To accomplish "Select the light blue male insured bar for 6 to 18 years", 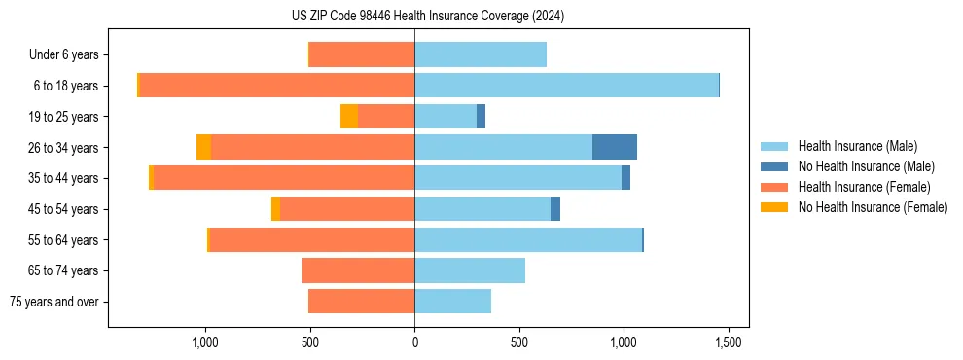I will (x=566, y=86).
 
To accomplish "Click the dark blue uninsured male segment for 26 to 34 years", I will (x=615, y=147).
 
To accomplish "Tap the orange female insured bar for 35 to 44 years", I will (x=284, y=178).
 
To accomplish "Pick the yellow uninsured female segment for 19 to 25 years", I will (x=349, y=117).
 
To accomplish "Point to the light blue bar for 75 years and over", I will (x=452, y=302).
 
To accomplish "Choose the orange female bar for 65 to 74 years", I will (x=358, y=270).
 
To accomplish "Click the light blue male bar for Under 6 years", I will (x=481, y=54).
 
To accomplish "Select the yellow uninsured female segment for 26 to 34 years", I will (x=203, y=147).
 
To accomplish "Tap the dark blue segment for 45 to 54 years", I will (x=555, y=209).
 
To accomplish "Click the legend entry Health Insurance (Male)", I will (x=857, y=146).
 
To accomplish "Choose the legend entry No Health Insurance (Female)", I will (x=873, y=207).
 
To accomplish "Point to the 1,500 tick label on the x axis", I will (x=729, y=343).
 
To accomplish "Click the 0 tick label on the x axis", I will (x=414, y=343).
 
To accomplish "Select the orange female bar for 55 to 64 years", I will (x=311, y=239).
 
